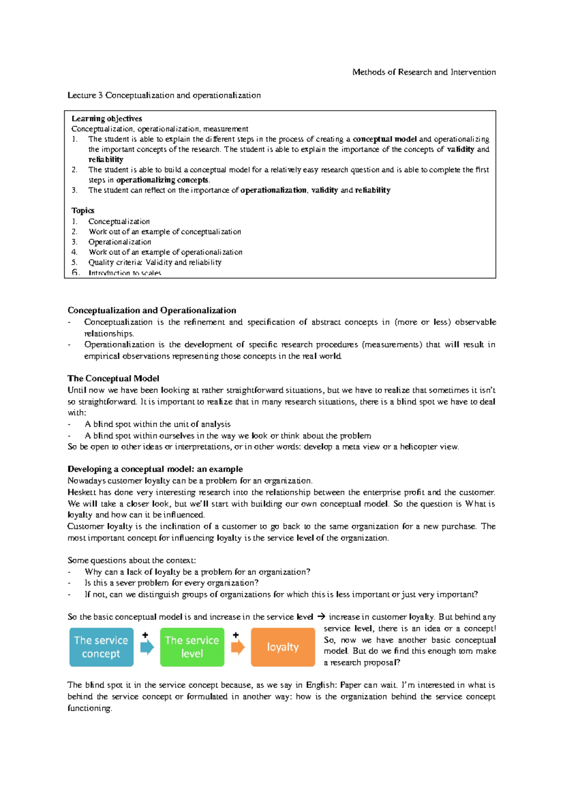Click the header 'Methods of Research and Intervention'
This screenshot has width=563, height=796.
tap(424, 72)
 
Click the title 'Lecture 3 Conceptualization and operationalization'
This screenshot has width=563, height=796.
tap(164, 95)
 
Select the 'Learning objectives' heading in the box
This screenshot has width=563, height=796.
tap(107, 119)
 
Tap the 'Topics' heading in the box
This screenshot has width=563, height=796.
tap(83, 210)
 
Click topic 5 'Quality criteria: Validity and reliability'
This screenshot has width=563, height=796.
tap(155, 263)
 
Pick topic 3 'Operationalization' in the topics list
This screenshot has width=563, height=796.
tap(120, 242)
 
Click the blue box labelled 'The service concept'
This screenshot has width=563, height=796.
tap(101, 647)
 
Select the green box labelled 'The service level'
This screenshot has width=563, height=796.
tap(192, 647)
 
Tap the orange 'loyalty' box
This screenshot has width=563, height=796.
tap(282, 647)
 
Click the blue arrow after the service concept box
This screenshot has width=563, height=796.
tap(147, 647)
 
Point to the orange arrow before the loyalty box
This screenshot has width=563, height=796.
tap(237, 647)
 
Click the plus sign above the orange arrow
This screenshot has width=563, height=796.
tap(236, 635)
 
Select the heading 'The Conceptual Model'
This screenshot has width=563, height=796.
tap(113, 378)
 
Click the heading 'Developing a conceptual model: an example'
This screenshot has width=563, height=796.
tap(155, 469)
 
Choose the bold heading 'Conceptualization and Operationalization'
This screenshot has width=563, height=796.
tap(152, 310)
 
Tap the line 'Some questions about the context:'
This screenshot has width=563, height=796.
tap(131, 560)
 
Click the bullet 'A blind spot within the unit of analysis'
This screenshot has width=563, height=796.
tap(157, 424)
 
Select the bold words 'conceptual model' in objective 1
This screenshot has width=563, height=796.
tap(384, 139)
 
